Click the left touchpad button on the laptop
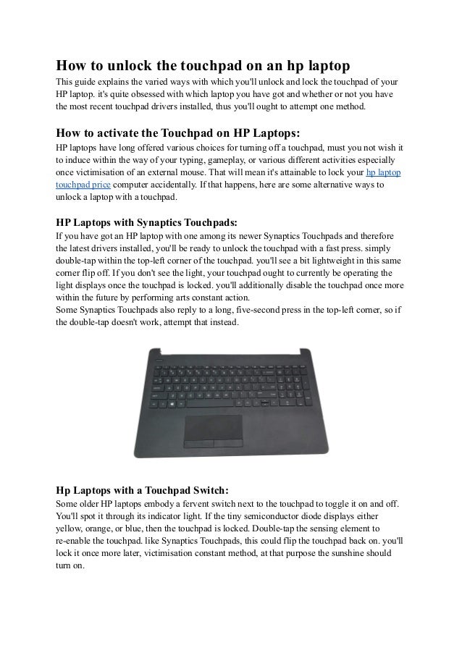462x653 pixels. click(198, 441)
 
